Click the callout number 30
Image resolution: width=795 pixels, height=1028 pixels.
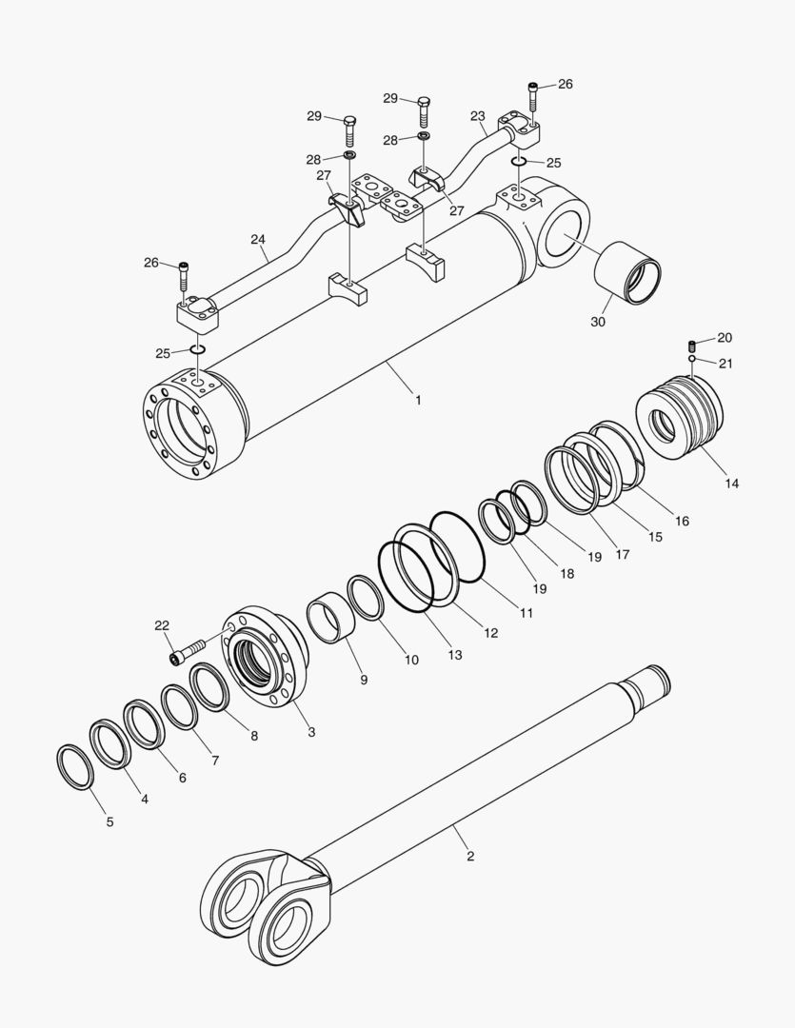pyautogui.click(x=597, y=323)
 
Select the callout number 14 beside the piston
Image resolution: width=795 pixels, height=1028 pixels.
pyautogui.click(x=730, y=484)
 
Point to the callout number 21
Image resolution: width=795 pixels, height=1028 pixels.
pyautogui.click(x=725, y=363)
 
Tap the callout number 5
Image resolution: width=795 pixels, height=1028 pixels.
pyautogui.click(x=109, y=821)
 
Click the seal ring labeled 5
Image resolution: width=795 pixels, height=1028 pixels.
pyautogui.click(x=75, y=767)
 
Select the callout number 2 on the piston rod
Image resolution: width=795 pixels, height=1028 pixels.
pyautogui.click(x=469, y=857)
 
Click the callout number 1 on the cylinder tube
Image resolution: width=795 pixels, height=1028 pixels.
pyautogui.click(x=417, y=400)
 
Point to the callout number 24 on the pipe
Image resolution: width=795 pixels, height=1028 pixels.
pyautogui.click(x=258, y=240)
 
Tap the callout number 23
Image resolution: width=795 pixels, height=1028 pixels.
pyautogui.click(x=477, y=116)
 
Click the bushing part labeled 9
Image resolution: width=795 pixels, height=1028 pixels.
pyautogui.click(x=329, y=621)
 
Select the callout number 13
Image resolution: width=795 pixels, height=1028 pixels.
pyautogui.click(x=455, y=655)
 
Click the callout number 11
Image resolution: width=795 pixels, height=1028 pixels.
pyautogui.click(x=526, y=614)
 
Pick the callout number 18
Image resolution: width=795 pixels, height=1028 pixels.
pyautogui.click(x=567, y=573)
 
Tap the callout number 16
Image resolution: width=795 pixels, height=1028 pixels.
pyautogui.click(x=682, y=521)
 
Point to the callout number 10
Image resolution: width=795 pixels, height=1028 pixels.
pyautogui.click(x=411, y=660)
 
